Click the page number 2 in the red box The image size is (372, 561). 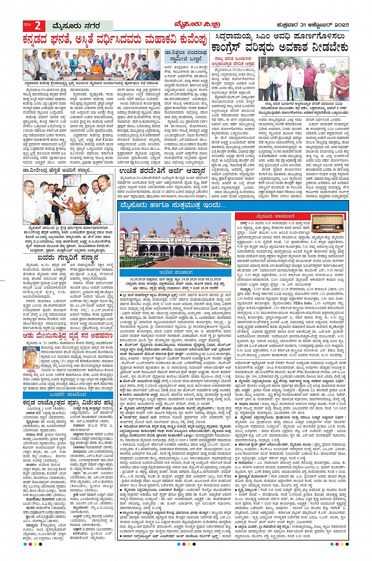point(38,26)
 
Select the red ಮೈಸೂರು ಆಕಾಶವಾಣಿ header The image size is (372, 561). point(272,216)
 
